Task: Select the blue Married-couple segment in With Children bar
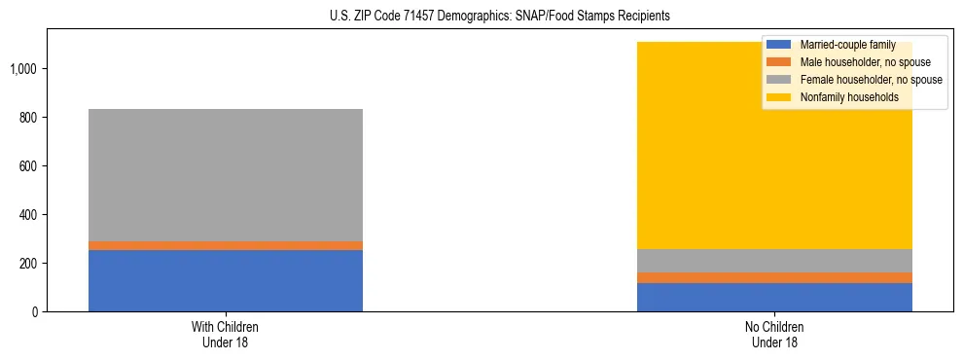226,280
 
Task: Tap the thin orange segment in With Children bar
226,245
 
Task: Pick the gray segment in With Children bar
226,175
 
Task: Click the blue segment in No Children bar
774,297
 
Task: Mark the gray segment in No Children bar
774,261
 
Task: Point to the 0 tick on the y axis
34,311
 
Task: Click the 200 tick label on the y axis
28,264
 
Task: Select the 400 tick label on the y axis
28,215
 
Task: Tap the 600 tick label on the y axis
28,166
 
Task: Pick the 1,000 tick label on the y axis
24,69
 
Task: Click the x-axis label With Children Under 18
226,335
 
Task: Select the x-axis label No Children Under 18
774,335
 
